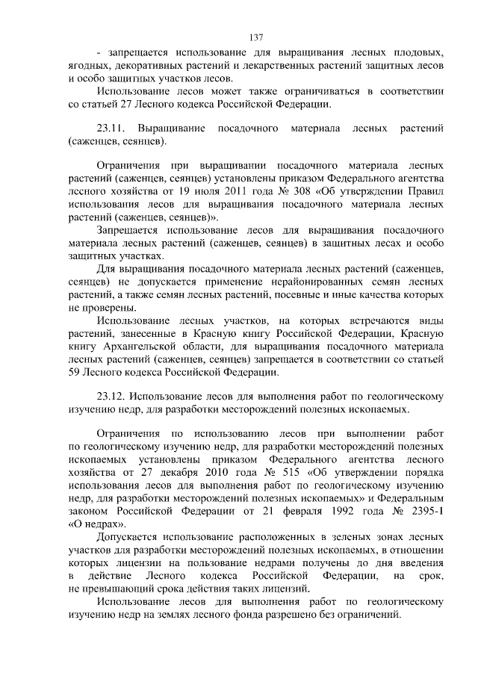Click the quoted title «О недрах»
pyautogui.click(x=94, y=523)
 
